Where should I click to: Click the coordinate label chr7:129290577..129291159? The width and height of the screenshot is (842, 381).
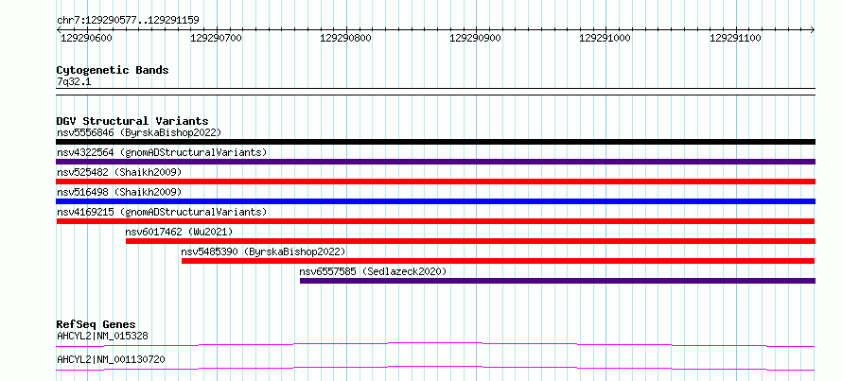[x=128, y=21]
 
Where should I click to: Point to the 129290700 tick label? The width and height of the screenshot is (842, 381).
[x=216, y=38]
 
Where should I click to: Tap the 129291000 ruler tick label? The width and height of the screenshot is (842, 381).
[x=605, y=38]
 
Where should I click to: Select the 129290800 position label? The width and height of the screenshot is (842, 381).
[x=346, y=38]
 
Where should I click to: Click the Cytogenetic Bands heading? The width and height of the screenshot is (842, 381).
[x=113, y=70]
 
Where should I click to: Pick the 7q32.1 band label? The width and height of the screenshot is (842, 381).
[x=75, y=81]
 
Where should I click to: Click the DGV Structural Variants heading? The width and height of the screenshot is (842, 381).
[x=132, y=121]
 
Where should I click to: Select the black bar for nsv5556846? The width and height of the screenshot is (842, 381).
[x=435, y=142]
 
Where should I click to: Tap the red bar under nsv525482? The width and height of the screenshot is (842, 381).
[x=435, y=182]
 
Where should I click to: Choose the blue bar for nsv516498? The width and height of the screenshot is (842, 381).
[x=435, y=201]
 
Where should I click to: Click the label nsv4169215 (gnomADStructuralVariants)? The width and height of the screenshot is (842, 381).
[x=162, y=212]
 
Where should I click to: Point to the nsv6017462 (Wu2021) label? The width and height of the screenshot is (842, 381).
[x=179, y=232]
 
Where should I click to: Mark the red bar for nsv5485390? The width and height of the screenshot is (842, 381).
[x=498, y=261]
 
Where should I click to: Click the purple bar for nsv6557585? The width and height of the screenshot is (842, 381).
[x=557, y=281]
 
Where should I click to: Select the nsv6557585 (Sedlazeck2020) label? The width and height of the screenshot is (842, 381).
[x=373, y=271]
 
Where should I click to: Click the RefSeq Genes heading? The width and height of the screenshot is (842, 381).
[x=96, y=324]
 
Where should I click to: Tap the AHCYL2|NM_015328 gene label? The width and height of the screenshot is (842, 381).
[x=102, y=336]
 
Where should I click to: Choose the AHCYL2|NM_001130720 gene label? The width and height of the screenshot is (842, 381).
[x=111, y=359]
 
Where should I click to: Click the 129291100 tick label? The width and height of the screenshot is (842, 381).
[x=735, y=38]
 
